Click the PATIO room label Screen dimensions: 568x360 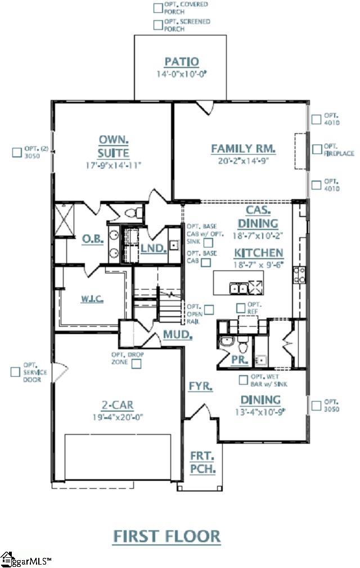point(181,62)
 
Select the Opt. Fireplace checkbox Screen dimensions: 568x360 point(317,150)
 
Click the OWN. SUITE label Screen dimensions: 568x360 point(114,146)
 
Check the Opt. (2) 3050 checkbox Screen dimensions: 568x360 point(17,152)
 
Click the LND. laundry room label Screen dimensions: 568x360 point(153,247)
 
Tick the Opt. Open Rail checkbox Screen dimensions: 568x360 point(209,309)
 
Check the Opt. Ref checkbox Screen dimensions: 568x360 point(241,308)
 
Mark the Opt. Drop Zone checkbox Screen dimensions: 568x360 point(136,363)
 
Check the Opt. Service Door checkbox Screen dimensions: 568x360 point(15,372)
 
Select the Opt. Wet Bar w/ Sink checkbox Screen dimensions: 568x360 point(244,380)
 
